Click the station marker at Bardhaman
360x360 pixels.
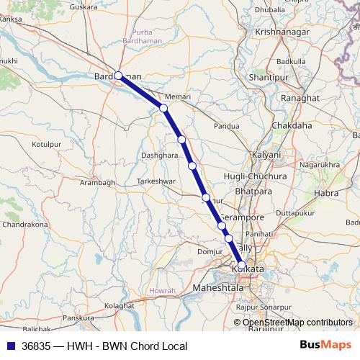(118, 75)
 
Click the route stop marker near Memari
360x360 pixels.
(163, 108)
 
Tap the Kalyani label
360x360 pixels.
(265, 155)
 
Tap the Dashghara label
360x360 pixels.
(159, 155)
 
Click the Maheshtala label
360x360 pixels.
(219, 288)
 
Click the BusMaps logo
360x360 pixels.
(325, 346)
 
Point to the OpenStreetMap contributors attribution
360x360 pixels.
(297, 323)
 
